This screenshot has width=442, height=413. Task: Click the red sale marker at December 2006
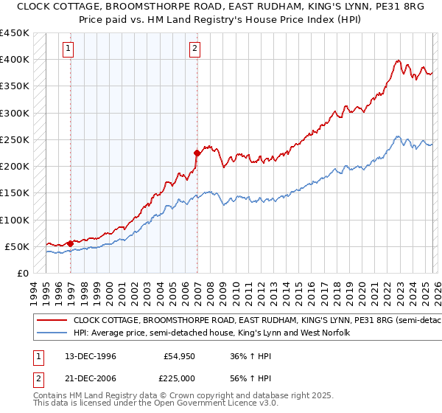197,153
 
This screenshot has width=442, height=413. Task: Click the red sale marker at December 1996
70,243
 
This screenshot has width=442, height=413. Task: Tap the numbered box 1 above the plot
68,49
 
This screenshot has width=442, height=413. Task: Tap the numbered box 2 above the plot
194,49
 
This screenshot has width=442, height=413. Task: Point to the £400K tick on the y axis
14,60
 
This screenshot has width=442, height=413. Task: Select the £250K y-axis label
14,139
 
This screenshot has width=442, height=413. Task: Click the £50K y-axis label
17,246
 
